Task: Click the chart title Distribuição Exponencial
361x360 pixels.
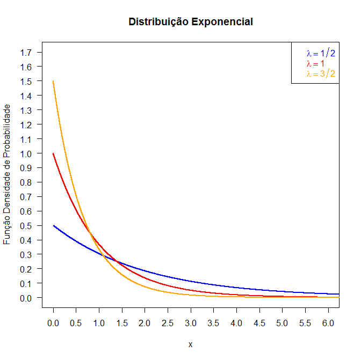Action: pyautogui.click(x=191, y=22)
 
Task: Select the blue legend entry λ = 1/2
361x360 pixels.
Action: pyautogui.click(x=321, y=53)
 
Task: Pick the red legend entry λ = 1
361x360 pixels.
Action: pyautogui.click(x=315, y=63)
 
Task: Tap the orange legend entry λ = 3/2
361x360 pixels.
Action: pyautogui.click(x=321, y=74)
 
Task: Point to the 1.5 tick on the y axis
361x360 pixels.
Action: pyautogui.click(x=25, y=81)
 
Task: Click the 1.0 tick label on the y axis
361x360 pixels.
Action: pyautogui.click(x=25, y=153)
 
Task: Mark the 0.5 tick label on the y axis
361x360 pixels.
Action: pyautogui.click(x=25, y=225)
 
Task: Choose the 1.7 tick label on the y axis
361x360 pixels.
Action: pyautogui.click(x=25, y=52)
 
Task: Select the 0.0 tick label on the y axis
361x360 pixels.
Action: pyautogui.click(x=25, y=298)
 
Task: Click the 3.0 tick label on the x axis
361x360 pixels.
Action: pyautogui.click(x=191, y=324)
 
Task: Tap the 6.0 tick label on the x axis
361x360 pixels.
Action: pyautogui.click(x=328, y=324)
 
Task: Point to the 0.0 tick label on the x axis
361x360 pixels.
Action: pyautogui.click(x=53, y=324)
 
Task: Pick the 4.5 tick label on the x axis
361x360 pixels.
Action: pyautogui.click(x=259, y=324)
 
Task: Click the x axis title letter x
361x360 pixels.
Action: pyautogui.click(x=191, y=344)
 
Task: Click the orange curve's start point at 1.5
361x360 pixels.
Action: pyautogui.click(x=53, y=82)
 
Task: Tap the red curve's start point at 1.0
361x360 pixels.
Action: pyautogui.click(x=53, y=153)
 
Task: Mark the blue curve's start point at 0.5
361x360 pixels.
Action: pyautogui.click(x=53, y=226)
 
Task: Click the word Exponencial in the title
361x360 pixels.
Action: pyautogui.click(x=222, y=22)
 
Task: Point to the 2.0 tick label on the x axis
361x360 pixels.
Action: pyautogui.click(x=145, y=324)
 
